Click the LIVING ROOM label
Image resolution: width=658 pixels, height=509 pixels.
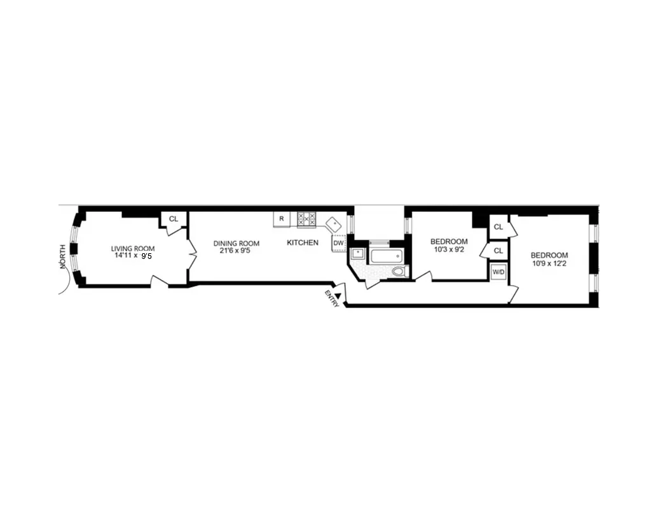(132, 249)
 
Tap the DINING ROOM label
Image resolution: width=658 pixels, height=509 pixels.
(236, 243)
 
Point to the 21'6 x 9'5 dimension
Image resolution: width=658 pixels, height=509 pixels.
(236, 251)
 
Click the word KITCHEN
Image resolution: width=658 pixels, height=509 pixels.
(303, 242)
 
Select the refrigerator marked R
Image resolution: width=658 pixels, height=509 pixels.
(282, 218)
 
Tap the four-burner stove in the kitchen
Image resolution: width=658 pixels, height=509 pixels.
(306, 220)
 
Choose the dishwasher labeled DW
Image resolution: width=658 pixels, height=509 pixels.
(339, 242)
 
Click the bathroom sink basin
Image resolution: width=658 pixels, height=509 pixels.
(358, 254)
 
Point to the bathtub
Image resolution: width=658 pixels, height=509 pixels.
(386, 256)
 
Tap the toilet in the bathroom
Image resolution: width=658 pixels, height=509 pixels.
(398, 272)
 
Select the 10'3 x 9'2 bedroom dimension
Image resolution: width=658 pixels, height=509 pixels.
(449, 249)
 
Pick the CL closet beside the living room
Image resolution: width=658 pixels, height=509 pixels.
(174, 219)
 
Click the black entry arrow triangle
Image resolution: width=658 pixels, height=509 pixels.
(339, 295)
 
